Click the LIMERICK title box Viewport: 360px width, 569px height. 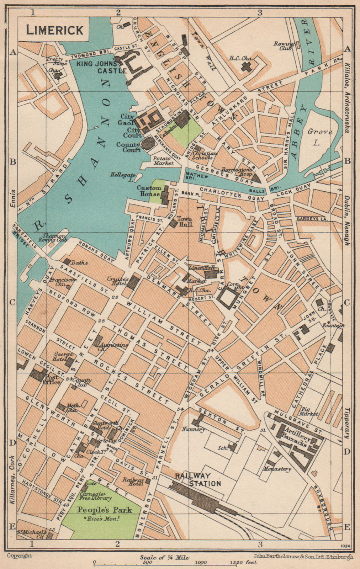(55, 30)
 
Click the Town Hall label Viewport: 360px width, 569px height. (185, 222)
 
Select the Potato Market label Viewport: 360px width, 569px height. (163, 160)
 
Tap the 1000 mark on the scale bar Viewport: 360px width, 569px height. (201, 563)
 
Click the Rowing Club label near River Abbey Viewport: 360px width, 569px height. (283, 46)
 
